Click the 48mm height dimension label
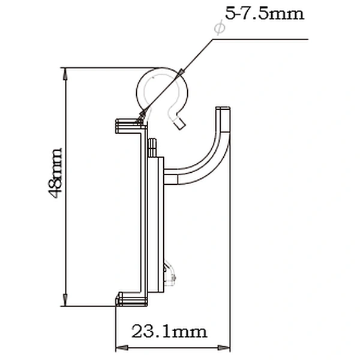(55, 173)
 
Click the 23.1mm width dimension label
(169, 332)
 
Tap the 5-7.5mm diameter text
(265, 13)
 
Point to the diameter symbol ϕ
(220, 28)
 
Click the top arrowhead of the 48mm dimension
(65, 73)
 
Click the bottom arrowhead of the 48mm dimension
(65, 300)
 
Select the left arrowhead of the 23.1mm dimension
(122, 347)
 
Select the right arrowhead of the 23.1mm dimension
(224, 347)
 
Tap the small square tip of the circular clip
(179, 124)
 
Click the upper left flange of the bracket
(130, 126)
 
